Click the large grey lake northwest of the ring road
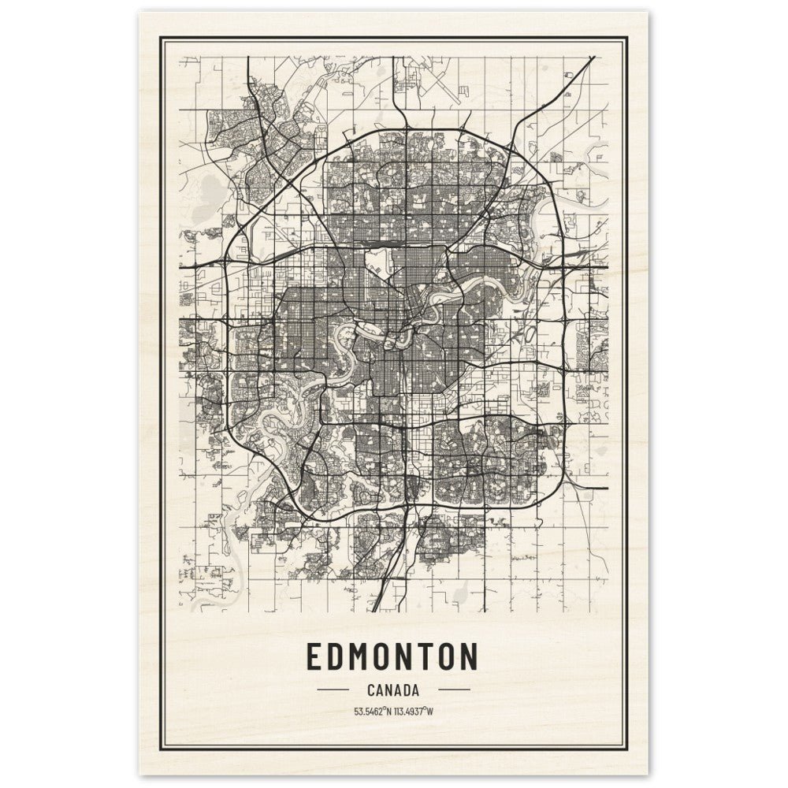[x=211, y=189]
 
